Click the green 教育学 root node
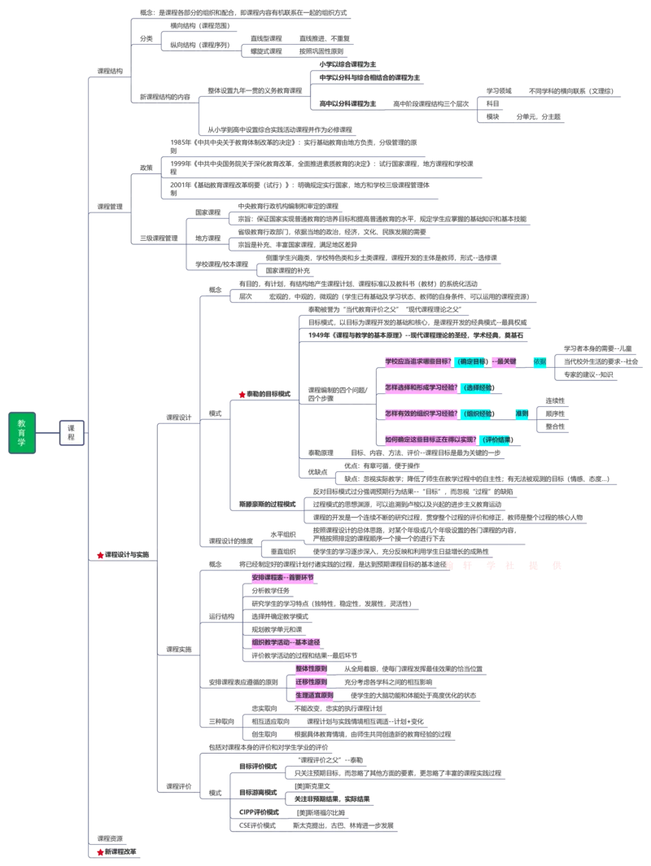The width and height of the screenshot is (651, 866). tap(22, 433)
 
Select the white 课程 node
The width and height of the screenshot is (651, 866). tap(72, 432)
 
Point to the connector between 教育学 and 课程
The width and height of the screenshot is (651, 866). tap(49, 433)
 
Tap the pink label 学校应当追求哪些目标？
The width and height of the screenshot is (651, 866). tap(417, 361)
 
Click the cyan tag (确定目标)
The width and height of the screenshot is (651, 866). tap(471, 361)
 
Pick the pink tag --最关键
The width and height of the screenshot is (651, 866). tap(505, 361)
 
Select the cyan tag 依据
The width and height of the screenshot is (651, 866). tap(540, 361)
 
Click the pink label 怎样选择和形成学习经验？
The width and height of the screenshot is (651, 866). tap(419, 387)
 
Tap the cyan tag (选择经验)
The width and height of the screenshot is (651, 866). tap(476, 388)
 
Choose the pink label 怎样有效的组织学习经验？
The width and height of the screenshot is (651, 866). tap(419, 413)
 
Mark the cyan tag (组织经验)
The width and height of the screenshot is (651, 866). tap(476, 414)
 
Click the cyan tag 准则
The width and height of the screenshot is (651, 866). tap(522, 413)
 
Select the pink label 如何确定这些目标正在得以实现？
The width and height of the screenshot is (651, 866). tap(430, 440)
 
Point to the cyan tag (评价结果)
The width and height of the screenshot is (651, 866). tap(496, 440)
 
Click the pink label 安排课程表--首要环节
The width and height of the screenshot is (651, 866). tap(283, 578)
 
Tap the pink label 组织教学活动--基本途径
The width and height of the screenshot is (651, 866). tap(286, 642)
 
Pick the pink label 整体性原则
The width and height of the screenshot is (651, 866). tap(311, 668)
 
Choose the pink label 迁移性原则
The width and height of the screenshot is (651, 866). tap(311, 682)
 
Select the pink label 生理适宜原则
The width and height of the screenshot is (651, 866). tap(313, 696)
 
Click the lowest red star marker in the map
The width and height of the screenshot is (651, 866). tap(100, 852)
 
